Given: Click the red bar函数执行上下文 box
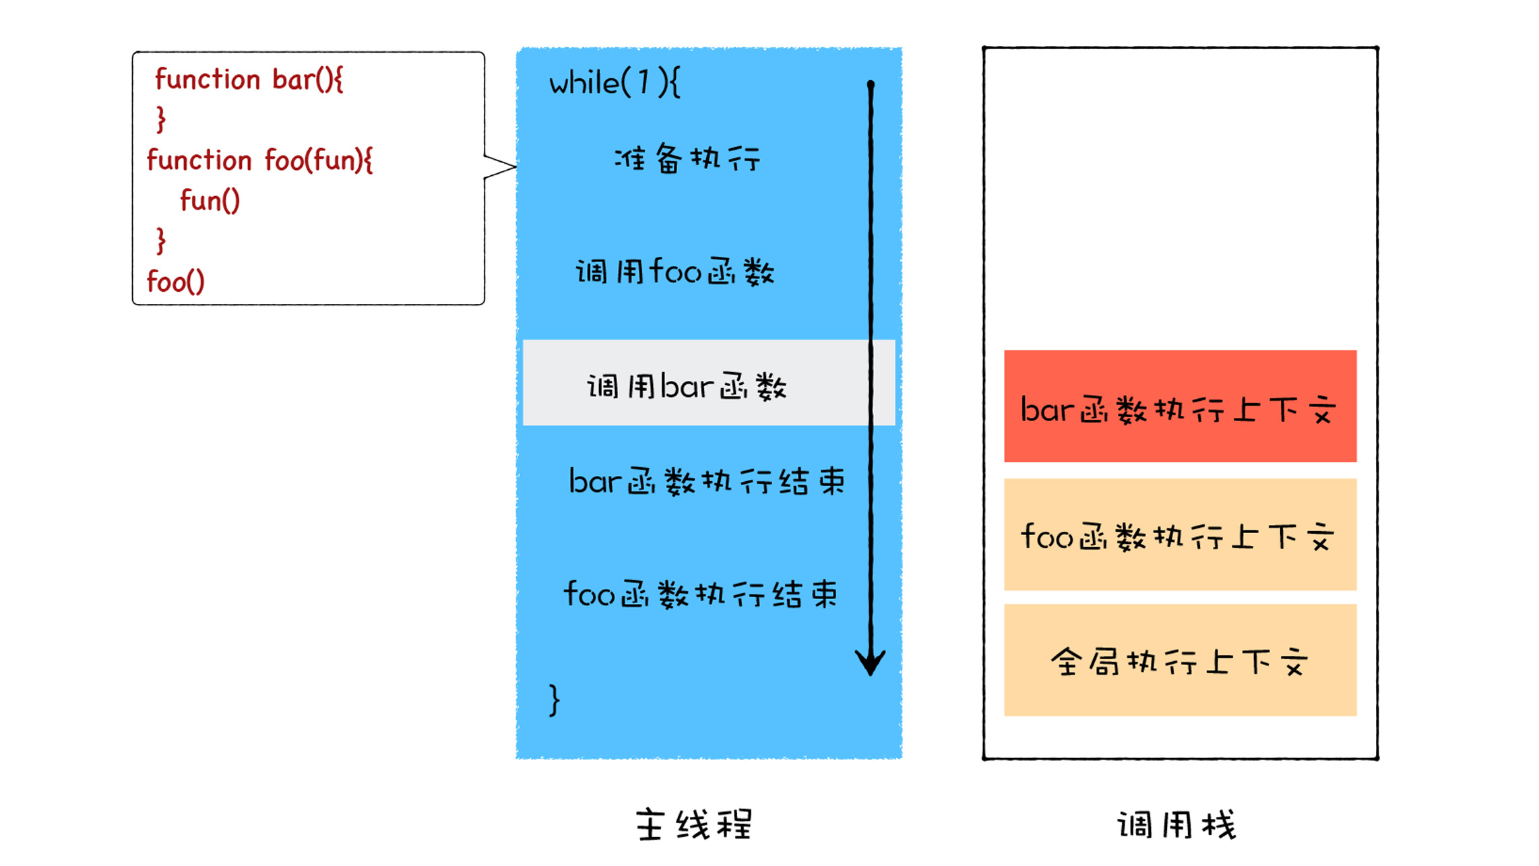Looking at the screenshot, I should pos(1179,406).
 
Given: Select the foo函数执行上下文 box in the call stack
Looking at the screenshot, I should pos(1179,534).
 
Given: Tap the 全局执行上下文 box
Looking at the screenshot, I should pos(1179,660).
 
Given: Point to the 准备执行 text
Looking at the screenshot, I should pos(687,159).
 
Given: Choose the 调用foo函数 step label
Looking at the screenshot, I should pos(675,272).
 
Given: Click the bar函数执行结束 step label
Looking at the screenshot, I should pos(706,481).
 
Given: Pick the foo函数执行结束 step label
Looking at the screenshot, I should pos(701,594).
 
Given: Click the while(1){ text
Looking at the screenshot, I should pos(615,84).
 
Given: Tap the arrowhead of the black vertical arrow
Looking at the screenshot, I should pos(870,664).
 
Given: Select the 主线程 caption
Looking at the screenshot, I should pos(694,824).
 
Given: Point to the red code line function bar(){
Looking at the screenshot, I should pos(249,80).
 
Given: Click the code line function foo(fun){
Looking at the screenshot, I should pos(259,160).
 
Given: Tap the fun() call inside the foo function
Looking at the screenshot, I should pos(210,201).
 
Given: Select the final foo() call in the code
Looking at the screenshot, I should pos(176,282).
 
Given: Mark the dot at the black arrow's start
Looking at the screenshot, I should pos(871,85).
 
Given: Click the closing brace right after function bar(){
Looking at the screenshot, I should pos(160,119).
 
